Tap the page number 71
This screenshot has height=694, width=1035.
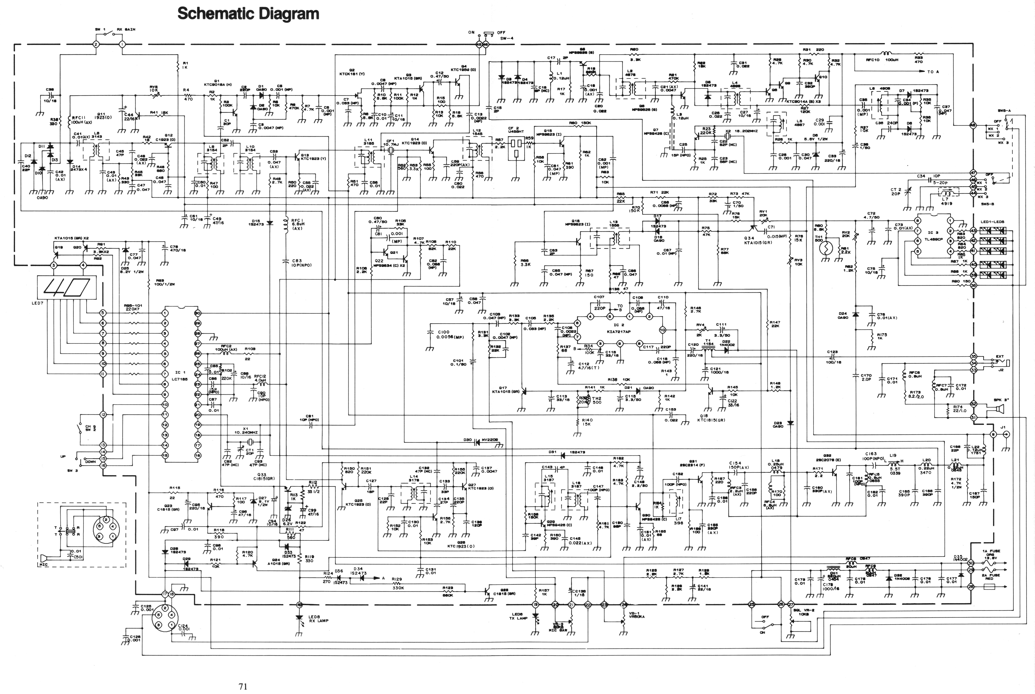[x=243, y=686]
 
